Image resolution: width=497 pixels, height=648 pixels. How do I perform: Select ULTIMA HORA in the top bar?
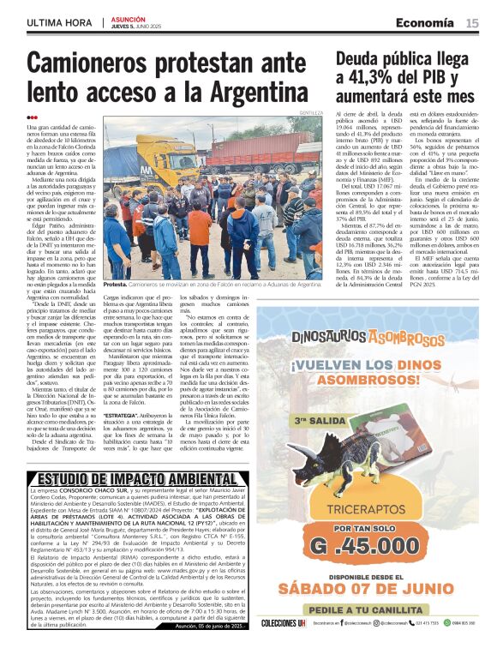[x=61, y=22]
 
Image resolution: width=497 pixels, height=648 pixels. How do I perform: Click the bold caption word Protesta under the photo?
[x=115, y=284]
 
